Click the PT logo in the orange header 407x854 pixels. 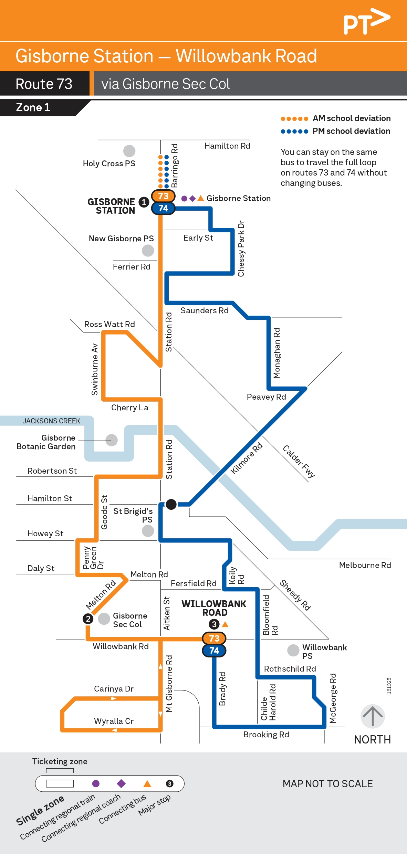coord(366,21)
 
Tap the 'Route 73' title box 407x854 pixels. coord(44,84)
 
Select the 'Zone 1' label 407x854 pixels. coord(33,107)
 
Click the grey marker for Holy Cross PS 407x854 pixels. coord(129,151)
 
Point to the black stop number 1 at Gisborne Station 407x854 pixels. coord(144,202)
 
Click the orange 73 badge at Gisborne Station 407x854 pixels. coord(163,196)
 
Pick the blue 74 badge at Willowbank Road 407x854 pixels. coord(214,650)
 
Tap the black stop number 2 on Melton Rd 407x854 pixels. coord(88,619)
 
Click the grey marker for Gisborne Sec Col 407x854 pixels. coord(104,619)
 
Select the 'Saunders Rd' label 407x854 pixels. coord(205,310)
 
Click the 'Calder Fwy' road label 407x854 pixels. coord(299,461)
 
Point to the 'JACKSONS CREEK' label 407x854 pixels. coord(51,421)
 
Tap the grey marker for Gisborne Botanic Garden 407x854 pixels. coord(111,440)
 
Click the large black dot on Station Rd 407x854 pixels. coord(171,504)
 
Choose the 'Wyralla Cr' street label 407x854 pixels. coord(114,721)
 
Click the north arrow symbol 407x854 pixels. coord(373,716)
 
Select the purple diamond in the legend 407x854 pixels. coord(121,783)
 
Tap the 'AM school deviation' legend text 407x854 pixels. coord(352,118)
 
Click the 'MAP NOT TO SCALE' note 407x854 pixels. coord(327,784)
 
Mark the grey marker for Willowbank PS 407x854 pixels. coord(293,650)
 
